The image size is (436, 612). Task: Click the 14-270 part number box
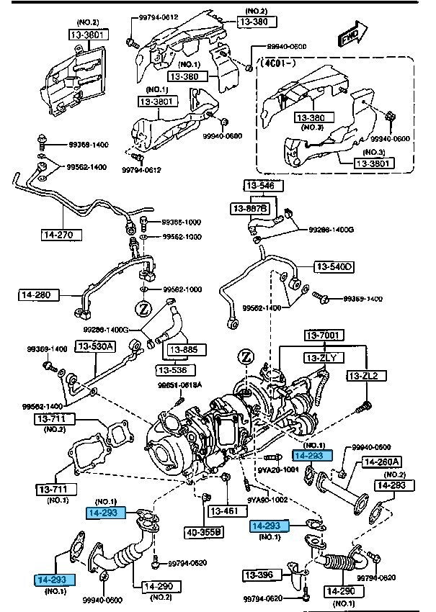61,234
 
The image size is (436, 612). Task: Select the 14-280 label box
38,294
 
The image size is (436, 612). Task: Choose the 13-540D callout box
334,267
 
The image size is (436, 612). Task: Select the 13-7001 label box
324,336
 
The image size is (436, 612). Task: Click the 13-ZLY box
324,357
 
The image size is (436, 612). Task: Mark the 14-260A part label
382,462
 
